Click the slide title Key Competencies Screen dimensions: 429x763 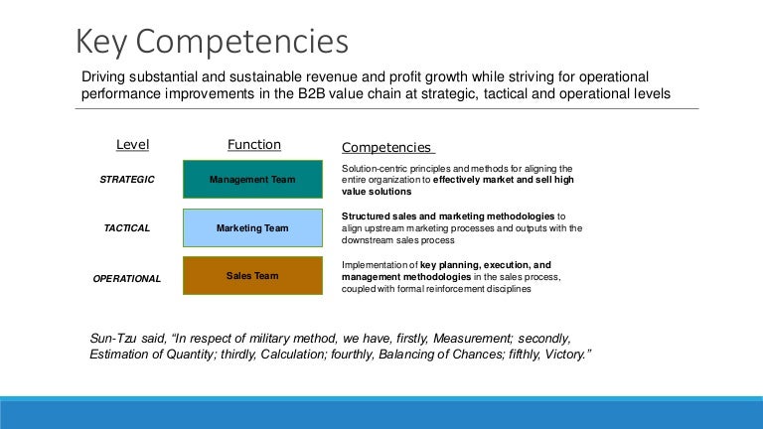tap(213, 42)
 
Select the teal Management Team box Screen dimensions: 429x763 tap(252, 180)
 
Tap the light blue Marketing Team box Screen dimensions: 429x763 tap(252, 228)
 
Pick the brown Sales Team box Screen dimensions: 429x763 tap(252, 276)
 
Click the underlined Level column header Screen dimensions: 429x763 tap(132, 145)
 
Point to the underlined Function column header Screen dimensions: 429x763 tap(254, 145)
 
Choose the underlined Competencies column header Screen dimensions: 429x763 tap(386, 147)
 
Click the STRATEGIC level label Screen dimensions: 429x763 tap(128, 180)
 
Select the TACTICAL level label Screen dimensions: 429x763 tap(127, 228)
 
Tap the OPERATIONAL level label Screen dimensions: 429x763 tap(126, 279)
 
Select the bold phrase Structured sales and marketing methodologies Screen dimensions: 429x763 tap(448, 215)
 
